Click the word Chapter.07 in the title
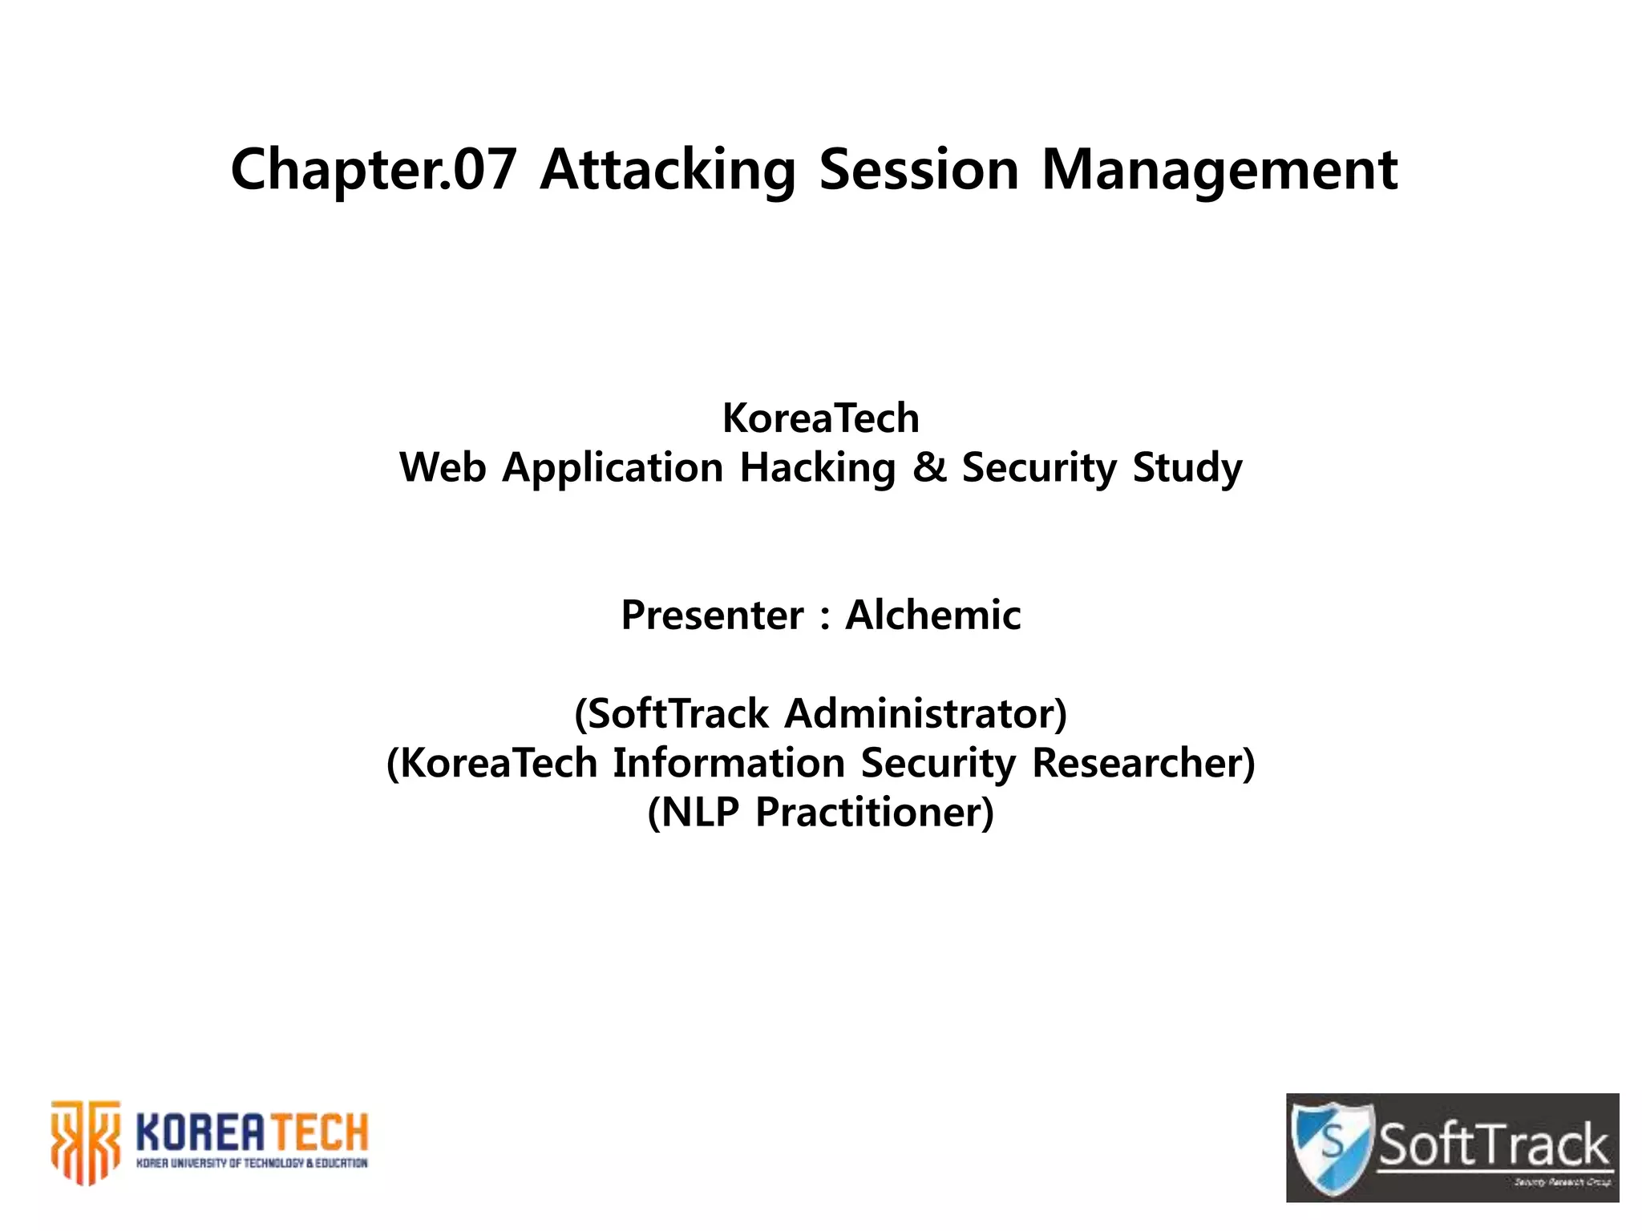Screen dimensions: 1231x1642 373,170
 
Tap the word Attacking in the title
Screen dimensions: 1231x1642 667,170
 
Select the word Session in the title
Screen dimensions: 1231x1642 918,170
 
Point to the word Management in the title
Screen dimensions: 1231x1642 1219,170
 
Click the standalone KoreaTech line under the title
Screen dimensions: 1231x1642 820,418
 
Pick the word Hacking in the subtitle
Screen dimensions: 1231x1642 817,468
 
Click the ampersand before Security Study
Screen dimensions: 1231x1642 929,467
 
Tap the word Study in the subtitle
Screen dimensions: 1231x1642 1187,468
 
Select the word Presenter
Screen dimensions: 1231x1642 712,615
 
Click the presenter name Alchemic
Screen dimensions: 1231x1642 933,615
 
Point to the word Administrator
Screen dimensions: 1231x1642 925,713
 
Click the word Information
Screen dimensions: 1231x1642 729,763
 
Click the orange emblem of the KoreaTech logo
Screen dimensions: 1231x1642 85,1141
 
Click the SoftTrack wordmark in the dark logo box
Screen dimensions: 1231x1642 1493,1144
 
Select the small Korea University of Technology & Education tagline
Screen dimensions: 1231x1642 251,1164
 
